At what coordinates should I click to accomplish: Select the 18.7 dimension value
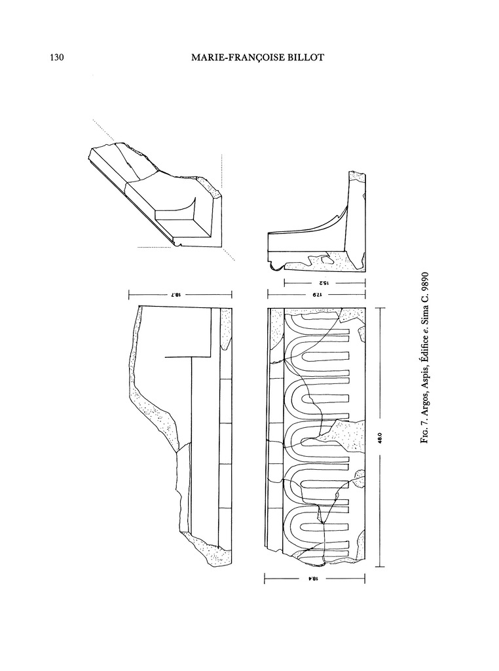click(180, 295)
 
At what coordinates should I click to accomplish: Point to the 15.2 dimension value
click(323, 283)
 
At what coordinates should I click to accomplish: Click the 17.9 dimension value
click(317, 295)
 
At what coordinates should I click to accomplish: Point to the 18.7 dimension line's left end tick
click(129, 295)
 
